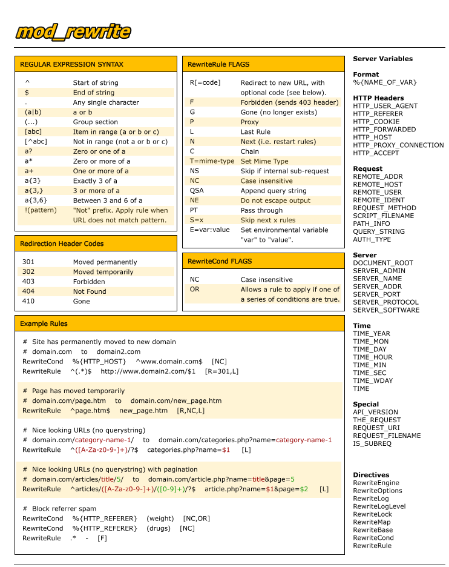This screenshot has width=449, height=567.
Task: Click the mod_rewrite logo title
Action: point(73,31)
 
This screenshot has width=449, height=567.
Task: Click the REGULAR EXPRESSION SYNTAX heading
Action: point(71,64)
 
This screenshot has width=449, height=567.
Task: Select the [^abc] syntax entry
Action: point(36,142)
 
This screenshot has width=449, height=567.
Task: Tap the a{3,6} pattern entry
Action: point(36,201)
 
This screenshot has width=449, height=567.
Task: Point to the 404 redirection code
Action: point(28,291)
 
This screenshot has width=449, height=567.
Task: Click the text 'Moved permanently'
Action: point(105,262)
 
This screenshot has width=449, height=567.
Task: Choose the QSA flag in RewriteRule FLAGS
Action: point(197,191)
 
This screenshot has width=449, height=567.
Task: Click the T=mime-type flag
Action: point(212,161)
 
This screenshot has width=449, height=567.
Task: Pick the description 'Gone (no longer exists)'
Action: point(278,112)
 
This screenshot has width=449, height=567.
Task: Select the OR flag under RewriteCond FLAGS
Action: point(194,290)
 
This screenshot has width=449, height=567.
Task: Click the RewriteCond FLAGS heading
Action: point(220,261)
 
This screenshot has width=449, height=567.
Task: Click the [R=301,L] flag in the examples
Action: point(221,371)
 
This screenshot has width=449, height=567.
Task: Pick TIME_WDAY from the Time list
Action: point(373,381)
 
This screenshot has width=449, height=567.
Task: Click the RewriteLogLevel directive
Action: point(379,506)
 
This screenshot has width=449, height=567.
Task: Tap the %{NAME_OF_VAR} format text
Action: point(385,82)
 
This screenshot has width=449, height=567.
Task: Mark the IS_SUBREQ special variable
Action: point(372,443)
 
